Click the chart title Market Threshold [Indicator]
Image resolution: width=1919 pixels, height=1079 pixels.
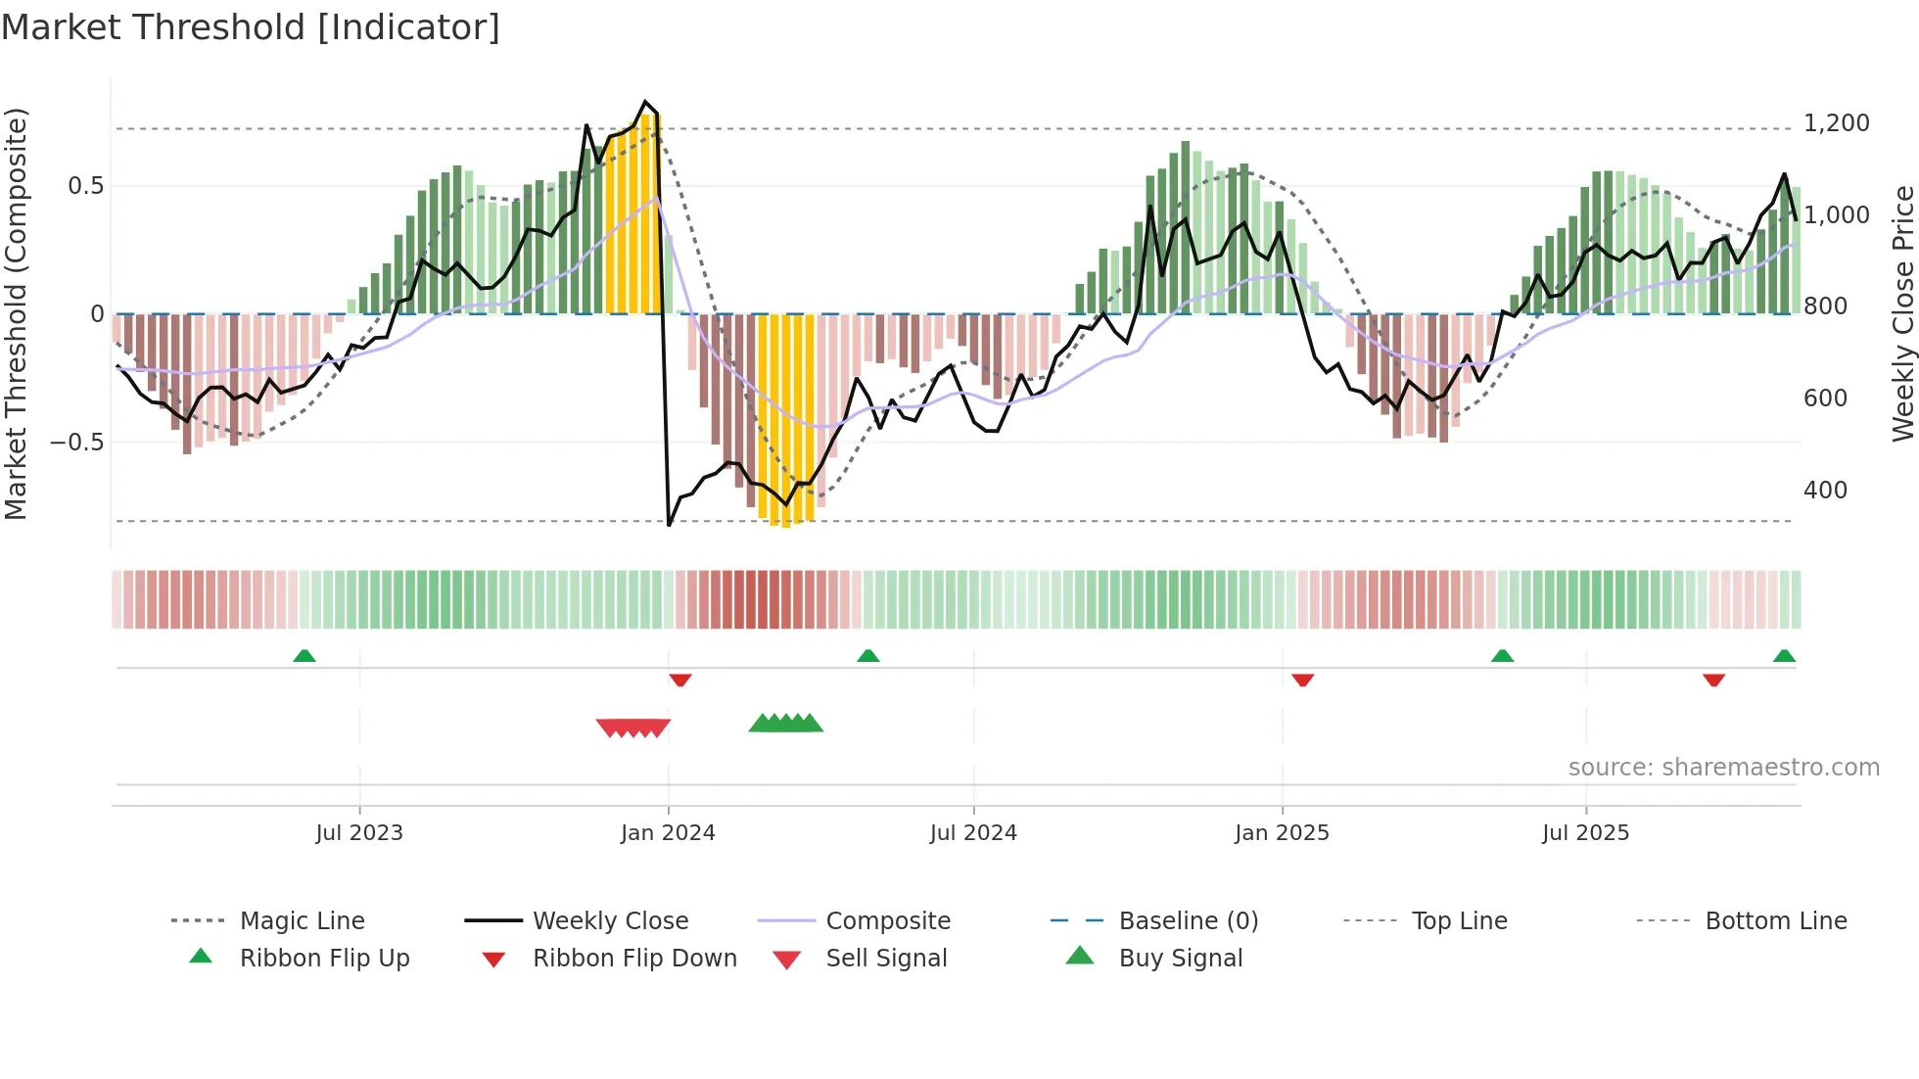pos(251,27)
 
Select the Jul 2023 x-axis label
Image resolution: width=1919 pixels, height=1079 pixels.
pos(359,832)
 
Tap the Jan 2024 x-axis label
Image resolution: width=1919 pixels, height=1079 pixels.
pos(668,832)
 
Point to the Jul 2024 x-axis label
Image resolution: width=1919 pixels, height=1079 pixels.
pos(973,832)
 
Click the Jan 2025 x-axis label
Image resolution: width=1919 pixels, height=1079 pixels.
pos(1282,832)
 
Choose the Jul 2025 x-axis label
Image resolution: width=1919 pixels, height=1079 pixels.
pos(1585,832)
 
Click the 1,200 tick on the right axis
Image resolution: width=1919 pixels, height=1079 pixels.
pos(1836,123)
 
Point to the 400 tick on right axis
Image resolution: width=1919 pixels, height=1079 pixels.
pos(1825,490)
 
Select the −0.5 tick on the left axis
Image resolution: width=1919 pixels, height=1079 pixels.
pos(76,442)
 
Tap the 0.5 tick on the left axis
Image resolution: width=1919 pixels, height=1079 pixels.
pos(85,185)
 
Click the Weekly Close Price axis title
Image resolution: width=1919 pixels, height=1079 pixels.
pos(1902,313)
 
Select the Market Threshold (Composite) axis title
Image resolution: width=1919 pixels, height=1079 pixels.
pos(16,313)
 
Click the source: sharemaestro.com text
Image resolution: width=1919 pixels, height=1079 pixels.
pos(1723,767)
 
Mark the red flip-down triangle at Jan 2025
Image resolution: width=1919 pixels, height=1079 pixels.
pos(1302,679)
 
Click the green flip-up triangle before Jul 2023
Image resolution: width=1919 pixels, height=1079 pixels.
pos(304,656)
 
